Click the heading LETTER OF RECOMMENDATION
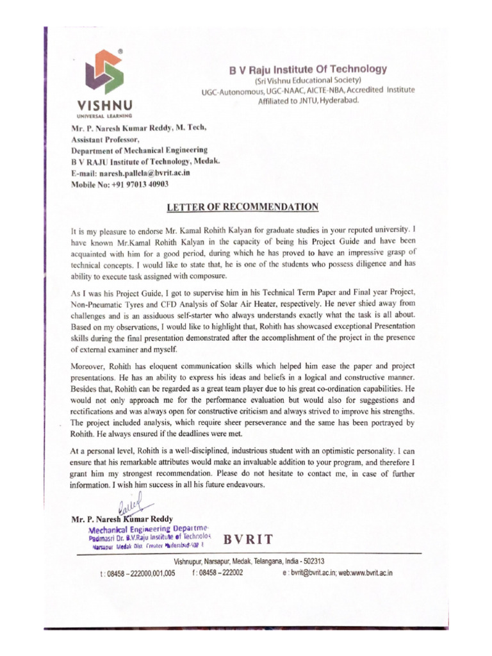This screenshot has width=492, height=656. (x=242, y=207)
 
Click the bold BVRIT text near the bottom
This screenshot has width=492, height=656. (x=249, y=538)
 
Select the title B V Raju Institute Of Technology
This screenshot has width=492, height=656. (x=308, y=69)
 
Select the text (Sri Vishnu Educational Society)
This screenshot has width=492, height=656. (x=308, y=80)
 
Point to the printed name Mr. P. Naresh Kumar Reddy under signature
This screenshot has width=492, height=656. (x=121, y=519)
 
